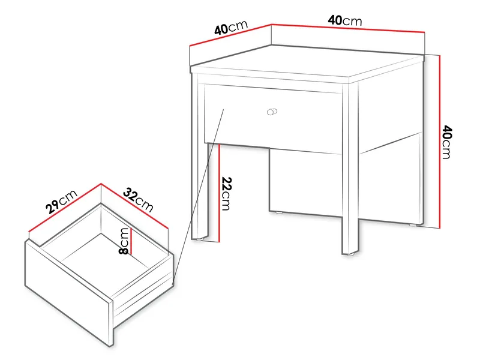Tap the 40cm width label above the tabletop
pyautogui.click(x=344, y=20)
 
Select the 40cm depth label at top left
pyautogui.click(x=230, y=28)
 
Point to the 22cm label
pyautogui.click(x=226, y=193)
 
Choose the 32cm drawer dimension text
pyautogui.click(x=139, y=200)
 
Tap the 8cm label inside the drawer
pyautogui.click(x=124, y=241)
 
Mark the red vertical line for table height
pyautogui.click(x=440, y=142)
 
